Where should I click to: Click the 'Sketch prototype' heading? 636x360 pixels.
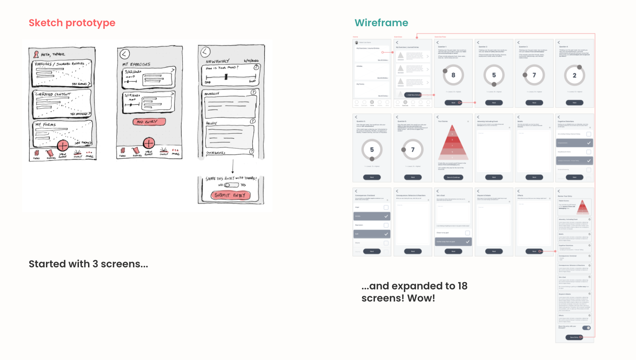[x=72, y=23]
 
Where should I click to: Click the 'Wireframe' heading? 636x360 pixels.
[x=381, y=23]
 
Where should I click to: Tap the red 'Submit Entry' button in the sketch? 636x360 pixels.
[x=230, y=195]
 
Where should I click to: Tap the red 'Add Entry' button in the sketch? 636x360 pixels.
[x=150, y=122]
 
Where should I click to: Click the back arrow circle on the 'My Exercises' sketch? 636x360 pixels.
[x=125, y=54]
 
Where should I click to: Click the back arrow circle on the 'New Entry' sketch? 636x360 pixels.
[x=205, y=52]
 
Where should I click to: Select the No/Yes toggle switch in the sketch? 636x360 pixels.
[x=231, y=185]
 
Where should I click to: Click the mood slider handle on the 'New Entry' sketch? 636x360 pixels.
[x=226, y=77]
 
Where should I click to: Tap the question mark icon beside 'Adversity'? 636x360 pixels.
[x=253, y=92]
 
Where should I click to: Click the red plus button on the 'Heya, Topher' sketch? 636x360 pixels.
[x=63, y=145]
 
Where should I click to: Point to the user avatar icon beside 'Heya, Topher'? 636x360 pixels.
[x=36, y=54]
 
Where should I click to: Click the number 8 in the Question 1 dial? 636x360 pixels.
[x=453, y=75]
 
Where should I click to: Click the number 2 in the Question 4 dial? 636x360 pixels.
[x=575, y=75]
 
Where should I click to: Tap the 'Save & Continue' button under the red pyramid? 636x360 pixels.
[x=453, y=177]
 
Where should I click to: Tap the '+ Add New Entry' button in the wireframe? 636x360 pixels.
[x=413, y=95]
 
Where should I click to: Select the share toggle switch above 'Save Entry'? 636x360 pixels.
[x=587, y=328]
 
